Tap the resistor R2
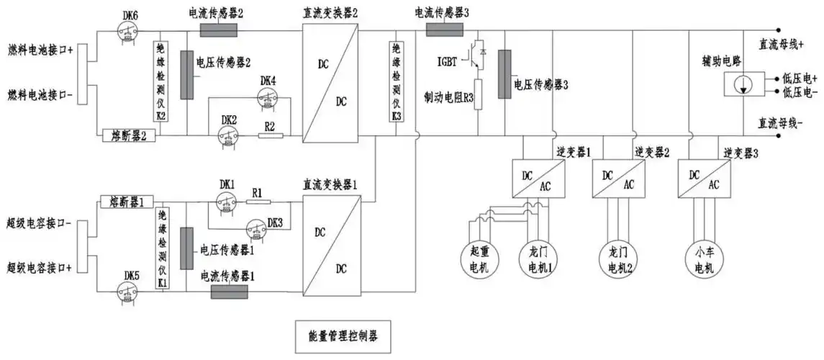269,134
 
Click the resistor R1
258,202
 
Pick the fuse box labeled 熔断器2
130,135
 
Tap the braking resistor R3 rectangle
476,94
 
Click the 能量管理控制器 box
343,336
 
